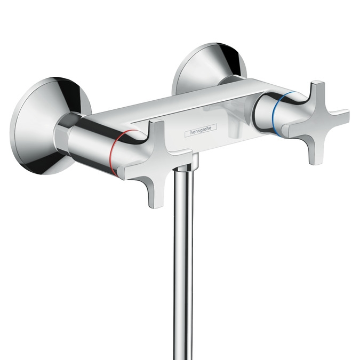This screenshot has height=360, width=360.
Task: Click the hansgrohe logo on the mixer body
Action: pos(201,131)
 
